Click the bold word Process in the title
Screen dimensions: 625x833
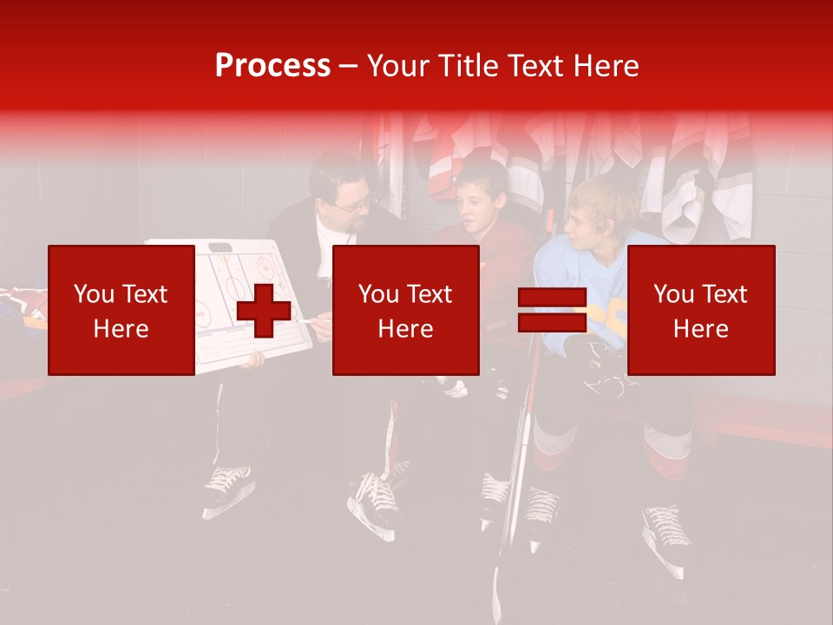(x=272, y=66)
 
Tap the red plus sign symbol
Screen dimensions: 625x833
(x=264, y=310)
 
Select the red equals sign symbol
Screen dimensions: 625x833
(x=553, y=310)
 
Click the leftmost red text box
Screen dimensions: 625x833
(x=121, y=310)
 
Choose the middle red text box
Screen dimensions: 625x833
(x=405, y=310)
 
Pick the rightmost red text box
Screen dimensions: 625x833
(x=700, y=310)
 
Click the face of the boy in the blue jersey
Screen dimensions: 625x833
(x=583, y=230)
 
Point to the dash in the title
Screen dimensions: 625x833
(x=348, y=66)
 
